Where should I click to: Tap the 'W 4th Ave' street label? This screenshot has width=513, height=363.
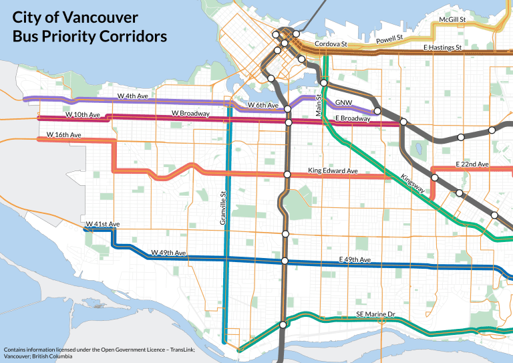tap(132, 96)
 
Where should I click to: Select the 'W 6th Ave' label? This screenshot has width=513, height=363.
tap(263, 105)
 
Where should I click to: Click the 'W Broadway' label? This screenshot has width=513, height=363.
tap(190, 114)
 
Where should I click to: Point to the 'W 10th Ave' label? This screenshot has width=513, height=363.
tap(82, 116)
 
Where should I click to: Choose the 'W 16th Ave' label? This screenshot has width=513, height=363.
tap(63, 135)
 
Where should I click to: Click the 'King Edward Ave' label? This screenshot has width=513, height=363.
tap(333, 171)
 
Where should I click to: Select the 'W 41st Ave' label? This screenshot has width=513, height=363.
tap(102, 223)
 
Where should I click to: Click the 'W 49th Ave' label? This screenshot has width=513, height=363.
tap(168, 253)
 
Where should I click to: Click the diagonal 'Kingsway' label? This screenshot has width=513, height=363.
tap(413, 185)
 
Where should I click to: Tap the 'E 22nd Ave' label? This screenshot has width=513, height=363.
tap(472, 164)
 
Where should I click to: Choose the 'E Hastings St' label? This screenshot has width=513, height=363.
tap(443, 48)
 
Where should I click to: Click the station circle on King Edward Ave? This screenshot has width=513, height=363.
tap(287, 174)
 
